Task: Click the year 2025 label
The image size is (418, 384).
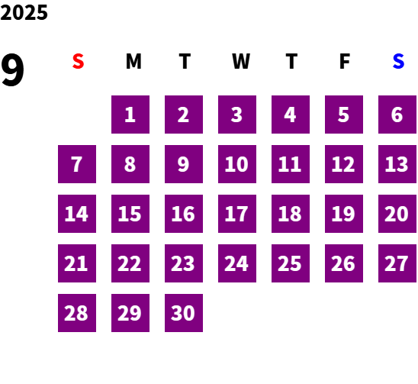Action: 24,12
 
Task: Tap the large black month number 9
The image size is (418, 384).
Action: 12,70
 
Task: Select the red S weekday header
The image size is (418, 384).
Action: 78,61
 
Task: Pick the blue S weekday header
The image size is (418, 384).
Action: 398,61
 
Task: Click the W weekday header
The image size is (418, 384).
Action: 241,61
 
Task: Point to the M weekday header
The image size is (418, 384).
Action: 133,61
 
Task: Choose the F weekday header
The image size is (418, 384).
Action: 345,61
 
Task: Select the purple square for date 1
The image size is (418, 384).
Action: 130,115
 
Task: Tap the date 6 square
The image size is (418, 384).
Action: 397,115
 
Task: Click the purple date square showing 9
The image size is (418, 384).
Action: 184,164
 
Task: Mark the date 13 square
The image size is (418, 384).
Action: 397,164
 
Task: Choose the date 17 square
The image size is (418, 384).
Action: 237,214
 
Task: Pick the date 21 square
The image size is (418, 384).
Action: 77,263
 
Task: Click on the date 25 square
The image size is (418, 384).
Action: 291,263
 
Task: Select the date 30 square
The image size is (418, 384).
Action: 184,313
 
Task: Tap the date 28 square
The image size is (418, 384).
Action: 77,313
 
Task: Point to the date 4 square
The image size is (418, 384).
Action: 291,115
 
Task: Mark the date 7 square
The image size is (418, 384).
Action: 77,164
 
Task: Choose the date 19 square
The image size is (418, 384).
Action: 344,214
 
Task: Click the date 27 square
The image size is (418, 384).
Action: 397,263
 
